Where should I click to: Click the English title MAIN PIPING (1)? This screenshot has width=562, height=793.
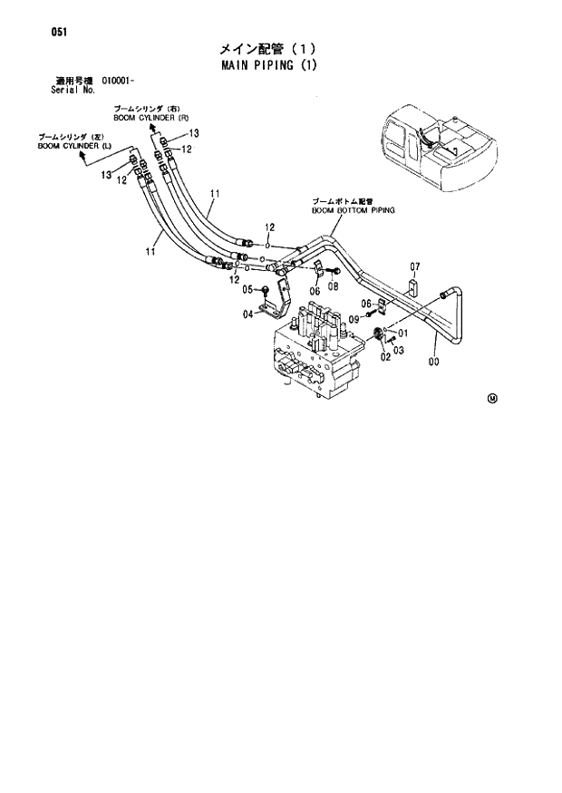point(267,67)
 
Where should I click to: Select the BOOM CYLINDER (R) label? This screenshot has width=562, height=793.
point(150,118)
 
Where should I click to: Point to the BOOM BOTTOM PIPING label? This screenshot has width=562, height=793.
point(354,208)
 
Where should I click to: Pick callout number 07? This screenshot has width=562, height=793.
point(414,266)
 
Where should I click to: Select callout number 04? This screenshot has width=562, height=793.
point(247,314)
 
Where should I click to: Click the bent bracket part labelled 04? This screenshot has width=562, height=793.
point(276,299)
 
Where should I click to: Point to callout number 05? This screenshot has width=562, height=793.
point(247,289)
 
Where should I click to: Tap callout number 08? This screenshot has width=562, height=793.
point(333,286)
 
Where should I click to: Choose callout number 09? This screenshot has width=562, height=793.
point(354,319)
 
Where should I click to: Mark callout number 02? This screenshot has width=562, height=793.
point(385,357)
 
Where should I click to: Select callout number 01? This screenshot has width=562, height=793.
point(402,333)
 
